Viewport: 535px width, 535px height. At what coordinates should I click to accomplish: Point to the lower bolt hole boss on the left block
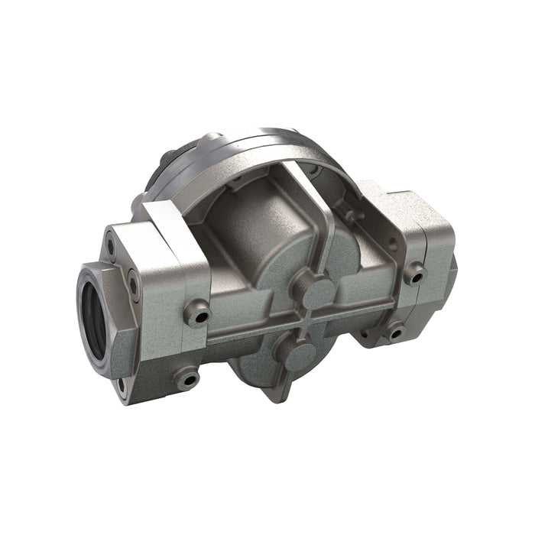pos(186,377)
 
